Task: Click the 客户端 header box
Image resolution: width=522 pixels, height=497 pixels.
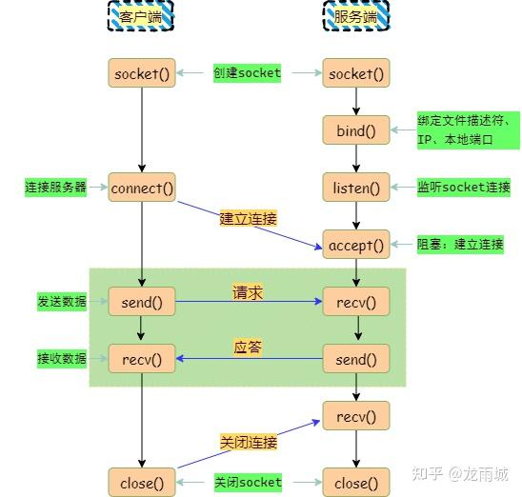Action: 141,16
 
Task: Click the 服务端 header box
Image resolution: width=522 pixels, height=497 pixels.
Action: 357,16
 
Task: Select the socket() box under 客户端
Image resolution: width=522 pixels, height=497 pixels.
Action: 142,73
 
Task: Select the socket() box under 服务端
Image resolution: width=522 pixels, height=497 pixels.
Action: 357,73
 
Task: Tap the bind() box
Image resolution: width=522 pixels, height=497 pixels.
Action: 357,130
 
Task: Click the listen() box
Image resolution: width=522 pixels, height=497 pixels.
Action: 357,188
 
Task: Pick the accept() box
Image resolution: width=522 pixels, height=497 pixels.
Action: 357,245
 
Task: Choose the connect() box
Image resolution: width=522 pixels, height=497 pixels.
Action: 142,188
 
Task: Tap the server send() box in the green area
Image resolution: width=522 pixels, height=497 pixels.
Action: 357,359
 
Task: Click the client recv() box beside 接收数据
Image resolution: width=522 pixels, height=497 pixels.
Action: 142,359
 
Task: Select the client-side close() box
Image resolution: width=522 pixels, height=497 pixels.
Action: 142,483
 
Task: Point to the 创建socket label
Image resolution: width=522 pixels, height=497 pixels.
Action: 248,73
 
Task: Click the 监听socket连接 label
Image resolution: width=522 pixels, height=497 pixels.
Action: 464,188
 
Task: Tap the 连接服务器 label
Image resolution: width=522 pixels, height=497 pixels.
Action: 55,188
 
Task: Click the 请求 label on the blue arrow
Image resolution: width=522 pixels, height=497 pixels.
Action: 248,292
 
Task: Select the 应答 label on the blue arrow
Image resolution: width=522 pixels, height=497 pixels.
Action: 248,348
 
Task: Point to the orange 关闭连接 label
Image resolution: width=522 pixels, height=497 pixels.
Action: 248,442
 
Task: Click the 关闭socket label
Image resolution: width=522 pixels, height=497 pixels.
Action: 248,483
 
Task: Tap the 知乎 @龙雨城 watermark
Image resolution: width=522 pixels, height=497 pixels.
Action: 466,473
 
